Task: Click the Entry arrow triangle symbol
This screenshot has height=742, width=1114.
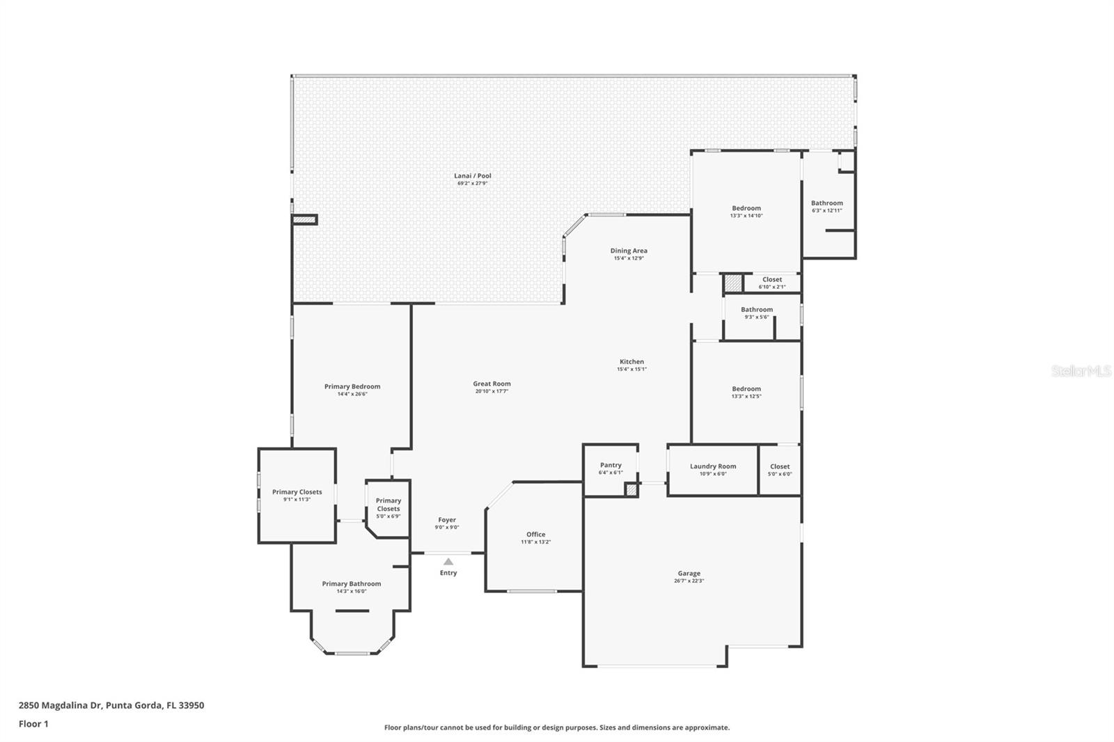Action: (448, 562)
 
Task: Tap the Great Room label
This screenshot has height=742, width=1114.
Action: (492, 384)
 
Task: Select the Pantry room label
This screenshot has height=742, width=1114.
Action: (611, 465)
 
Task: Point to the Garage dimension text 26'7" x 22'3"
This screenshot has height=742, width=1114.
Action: (689, 581)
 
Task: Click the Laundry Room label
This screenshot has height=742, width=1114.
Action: (713, 466)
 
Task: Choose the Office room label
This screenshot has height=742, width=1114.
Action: (535, 535)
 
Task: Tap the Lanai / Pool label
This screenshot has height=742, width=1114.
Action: (473, 176)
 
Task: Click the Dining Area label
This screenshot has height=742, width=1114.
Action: (629, 251)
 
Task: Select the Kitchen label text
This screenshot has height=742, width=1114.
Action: (631, 362)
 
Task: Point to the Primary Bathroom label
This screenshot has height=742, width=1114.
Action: (351, 584)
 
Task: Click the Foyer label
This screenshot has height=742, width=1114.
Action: (447, 520)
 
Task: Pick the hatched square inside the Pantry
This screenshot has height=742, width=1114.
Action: (631, 490)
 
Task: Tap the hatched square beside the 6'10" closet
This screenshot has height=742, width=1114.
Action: (732, 283)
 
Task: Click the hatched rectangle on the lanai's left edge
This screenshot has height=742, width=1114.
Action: (304, 220)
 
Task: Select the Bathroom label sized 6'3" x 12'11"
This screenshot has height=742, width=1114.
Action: (826, 203)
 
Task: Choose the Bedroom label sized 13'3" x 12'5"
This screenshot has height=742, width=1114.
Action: (746, 389)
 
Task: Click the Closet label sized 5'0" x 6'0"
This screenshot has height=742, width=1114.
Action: (780, 466)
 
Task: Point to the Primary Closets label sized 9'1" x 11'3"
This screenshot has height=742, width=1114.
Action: (297, 492)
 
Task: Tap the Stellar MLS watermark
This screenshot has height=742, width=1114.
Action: (1081, 372)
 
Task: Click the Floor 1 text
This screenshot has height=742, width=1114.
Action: (33, 724)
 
